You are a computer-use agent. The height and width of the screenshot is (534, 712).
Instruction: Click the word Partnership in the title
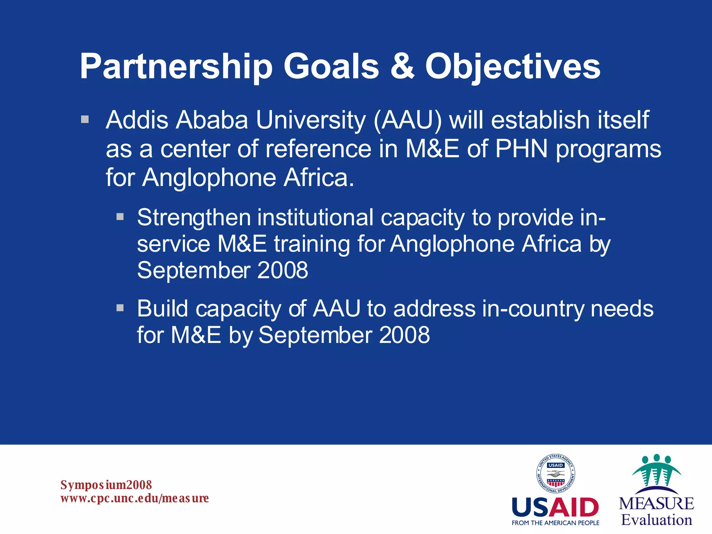[x=176, y=67]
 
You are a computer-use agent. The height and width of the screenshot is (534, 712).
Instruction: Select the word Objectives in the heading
[x=513, y=67]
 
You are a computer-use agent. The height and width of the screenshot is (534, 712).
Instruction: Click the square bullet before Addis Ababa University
[x=85, y=120]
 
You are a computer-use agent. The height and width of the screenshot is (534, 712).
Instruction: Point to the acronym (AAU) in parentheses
[x=408, y=120]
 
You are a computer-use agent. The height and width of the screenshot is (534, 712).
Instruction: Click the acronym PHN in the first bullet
[x=521, y=149]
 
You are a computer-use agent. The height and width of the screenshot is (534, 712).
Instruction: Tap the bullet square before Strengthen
[x=120, y=217]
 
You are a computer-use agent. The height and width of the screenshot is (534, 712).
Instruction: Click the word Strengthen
[x=194, y=218]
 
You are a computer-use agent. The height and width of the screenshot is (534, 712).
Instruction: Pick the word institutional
[x=315, y=218]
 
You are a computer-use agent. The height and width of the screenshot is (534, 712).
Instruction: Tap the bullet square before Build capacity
[x=120, y=308]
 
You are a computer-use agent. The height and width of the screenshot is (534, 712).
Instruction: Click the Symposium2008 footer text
[x=106, y=485]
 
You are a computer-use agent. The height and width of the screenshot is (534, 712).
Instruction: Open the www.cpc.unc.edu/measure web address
[x=135, y=498]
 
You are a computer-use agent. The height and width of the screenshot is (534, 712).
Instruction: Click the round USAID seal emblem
[x=555, y=474]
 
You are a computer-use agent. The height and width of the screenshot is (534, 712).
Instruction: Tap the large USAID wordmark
[x=555, y=508]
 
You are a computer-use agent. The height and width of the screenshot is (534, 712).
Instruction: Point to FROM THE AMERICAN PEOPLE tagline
[x=555, y=523]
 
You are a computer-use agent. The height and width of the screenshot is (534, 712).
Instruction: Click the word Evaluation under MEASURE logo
[x=656, y=520]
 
